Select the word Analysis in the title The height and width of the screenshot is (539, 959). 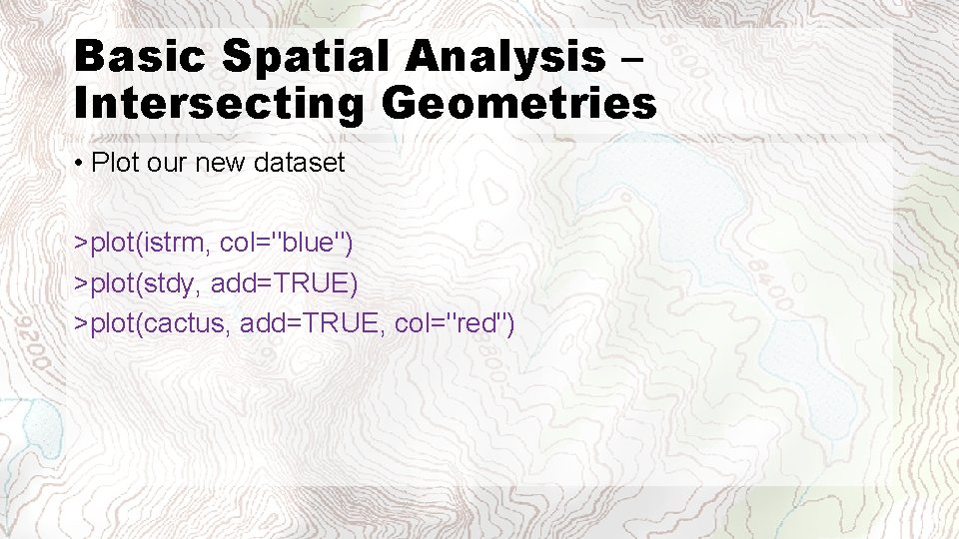click(x=505, y=57)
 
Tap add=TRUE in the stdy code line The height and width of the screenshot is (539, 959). click(x=281, y=283)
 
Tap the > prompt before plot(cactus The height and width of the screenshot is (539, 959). click(x=80, y=323)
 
